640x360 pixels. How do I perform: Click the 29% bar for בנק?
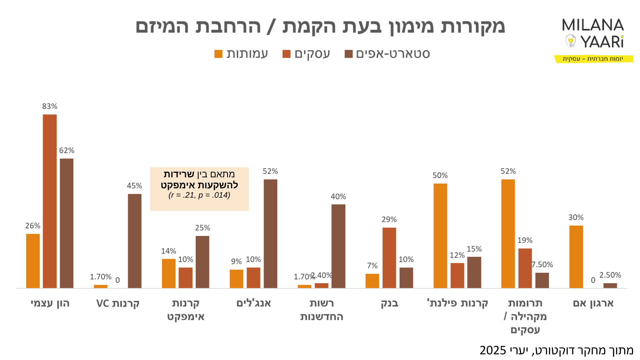(389, 258)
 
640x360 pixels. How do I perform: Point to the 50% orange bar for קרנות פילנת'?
(440, 236)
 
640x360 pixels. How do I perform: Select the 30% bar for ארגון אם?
(576, 257)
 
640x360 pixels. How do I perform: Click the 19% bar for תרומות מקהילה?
(525, 268)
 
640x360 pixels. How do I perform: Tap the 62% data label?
(67, 150)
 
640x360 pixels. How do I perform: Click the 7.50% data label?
(542, 265)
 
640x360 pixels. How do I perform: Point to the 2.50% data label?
(610, 275)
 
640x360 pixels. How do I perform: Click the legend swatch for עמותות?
(218, 54)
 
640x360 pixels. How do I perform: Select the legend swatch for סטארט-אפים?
(349, 54)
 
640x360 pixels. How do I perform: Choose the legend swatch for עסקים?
(286, 54)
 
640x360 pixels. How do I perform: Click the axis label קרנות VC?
(118, 303)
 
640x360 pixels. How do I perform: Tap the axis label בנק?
(389, 303)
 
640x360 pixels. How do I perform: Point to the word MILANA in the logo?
(593, 25)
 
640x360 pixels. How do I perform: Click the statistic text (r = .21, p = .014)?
(199, 195)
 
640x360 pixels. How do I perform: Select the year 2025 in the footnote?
(493, 350)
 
